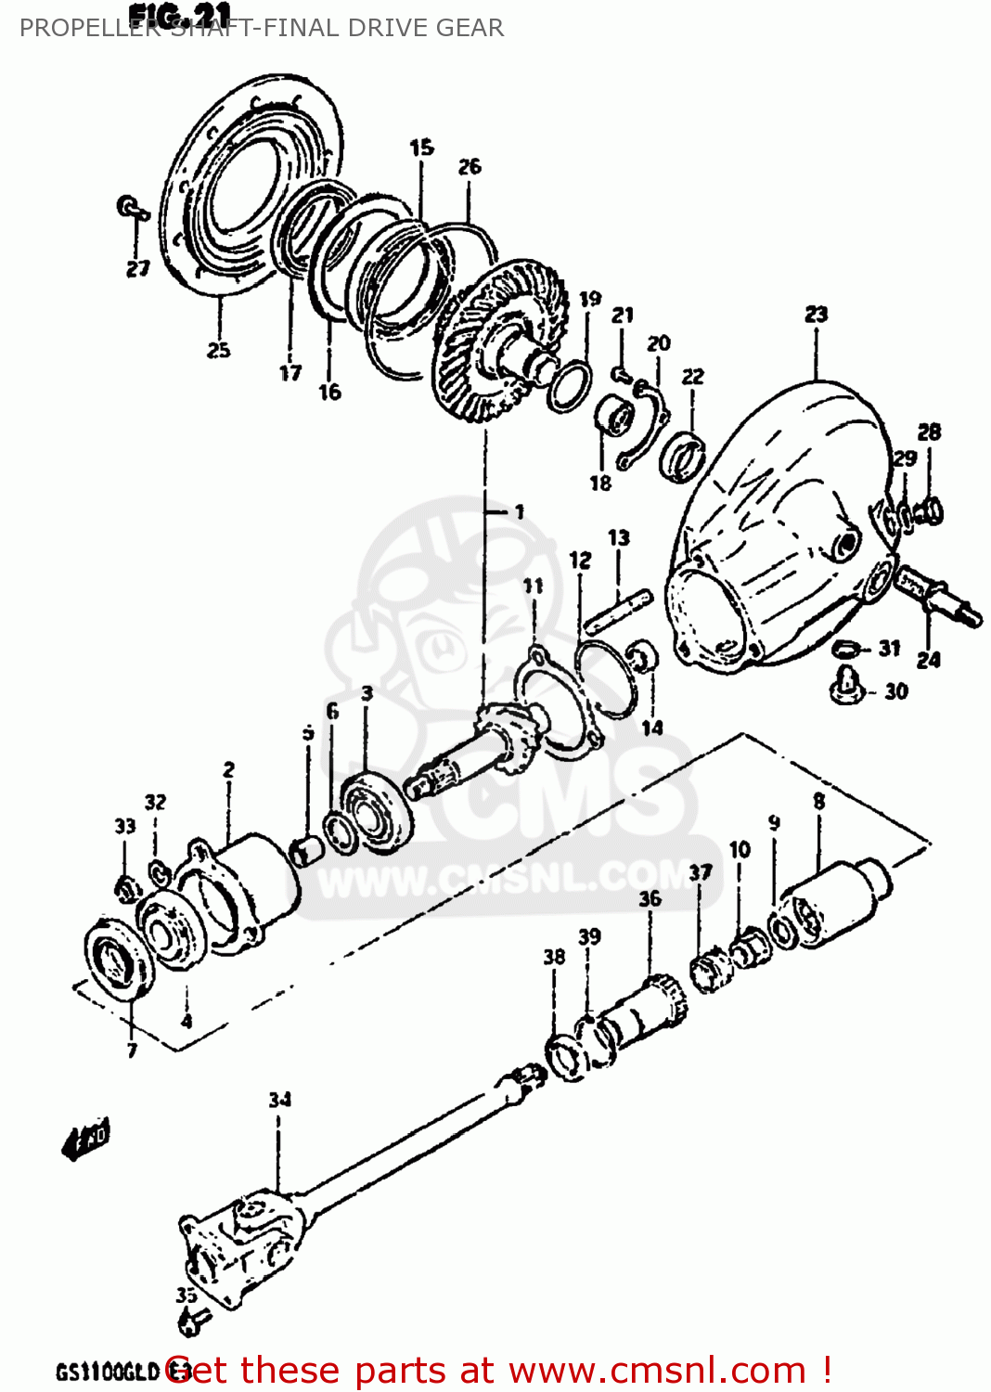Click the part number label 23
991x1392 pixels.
816,314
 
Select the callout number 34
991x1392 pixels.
279,1100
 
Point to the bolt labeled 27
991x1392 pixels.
132,208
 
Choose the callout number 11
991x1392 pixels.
533,586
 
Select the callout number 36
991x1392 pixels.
650,898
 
